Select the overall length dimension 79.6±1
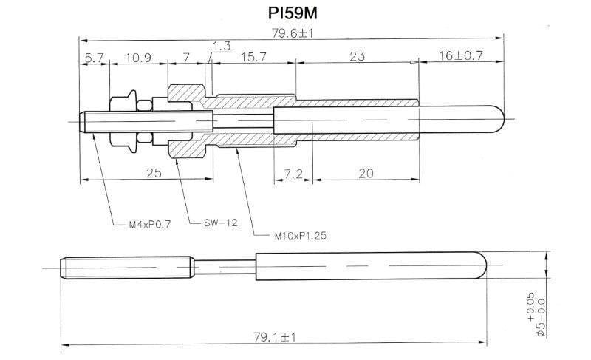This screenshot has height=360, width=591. (293, 33)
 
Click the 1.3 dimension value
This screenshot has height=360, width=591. (222, 46)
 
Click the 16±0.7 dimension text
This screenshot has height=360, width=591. (462, 56)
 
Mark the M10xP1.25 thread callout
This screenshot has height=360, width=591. (299, 236)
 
